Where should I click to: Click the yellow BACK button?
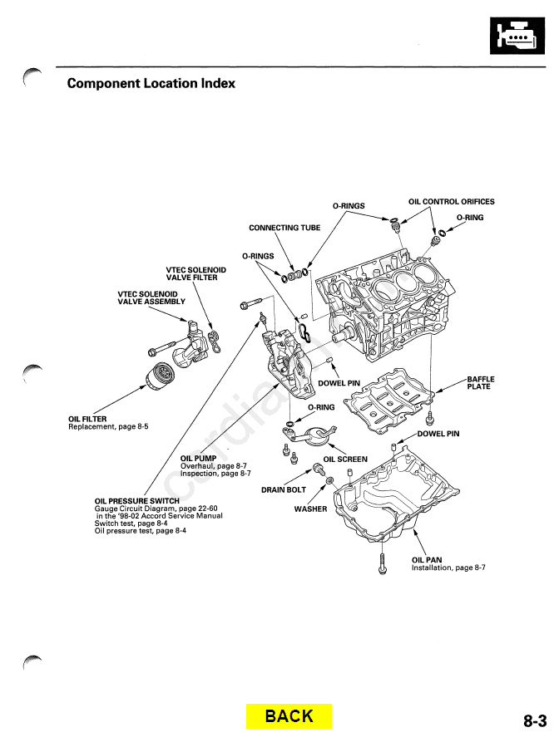[x=289, y=716]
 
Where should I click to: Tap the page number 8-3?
[x=535, y=722]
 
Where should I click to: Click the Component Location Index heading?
[x=151, y=83]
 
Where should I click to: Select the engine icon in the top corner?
[x=516, y=36]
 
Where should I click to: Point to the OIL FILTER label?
[x=87, y=420]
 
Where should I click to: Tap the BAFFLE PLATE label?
[x=481, y=383]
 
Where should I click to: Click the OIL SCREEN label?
[x=345, y=460]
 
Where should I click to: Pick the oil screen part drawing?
[x=312, y=435]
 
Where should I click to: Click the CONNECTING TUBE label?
[x=284, y=228]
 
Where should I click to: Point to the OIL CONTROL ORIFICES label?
[x=451, y=202]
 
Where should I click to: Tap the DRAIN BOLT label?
[x=284, y=490]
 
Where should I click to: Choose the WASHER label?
[x=310, y=509]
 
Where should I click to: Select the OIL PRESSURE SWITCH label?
[x=137, y=500]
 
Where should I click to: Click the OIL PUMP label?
[x=198, y=458]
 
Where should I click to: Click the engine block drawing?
[x=391, y=303]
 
